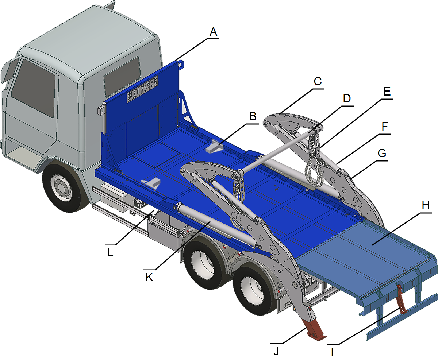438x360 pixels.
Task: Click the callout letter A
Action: (x=213, y=32)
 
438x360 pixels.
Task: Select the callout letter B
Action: (x=252, y=117)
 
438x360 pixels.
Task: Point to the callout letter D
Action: (x=346, y=98)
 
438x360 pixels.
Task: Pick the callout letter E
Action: (x=387, y=91)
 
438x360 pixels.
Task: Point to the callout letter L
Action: (x=110, y=252)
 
